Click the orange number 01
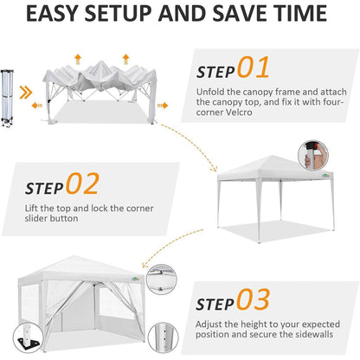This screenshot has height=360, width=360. (254, 67)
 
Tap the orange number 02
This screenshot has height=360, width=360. (82, 183)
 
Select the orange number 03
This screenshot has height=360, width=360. (254, 299)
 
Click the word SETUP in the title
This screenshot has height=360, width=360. (118, 13)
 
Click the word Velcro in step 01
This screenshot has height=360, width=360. (239, 112)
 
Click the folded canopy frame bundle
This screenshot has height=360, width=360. (6, 98)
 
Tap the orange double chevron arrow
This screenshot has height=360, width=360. (26, 93)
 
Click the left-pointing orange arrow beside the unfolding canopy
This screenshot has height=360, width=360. (37, 106)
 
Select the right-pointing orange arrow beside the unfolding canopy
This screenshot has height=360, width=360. (163, 106)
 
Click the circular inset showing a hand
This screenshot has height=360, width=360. (313, 156)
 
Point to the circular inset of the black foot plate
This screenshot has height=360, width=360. (28, 337)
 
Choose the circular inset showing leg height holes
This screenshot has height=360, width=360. (163, 337)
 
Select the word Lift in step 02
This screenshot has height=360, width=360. (31, 208)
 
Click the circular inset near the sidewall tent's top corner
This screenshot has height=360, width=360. (161, 280)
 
